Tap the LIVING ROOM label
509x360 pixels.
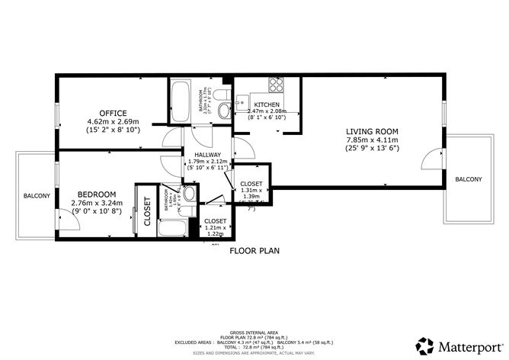tap(373, 131)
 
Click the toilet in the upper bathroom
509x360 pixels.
tap(222, 107)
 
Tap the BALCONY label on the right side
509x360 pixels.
tap(468, 179)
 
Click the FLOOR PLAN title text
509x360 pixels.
tap(254, 249)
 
